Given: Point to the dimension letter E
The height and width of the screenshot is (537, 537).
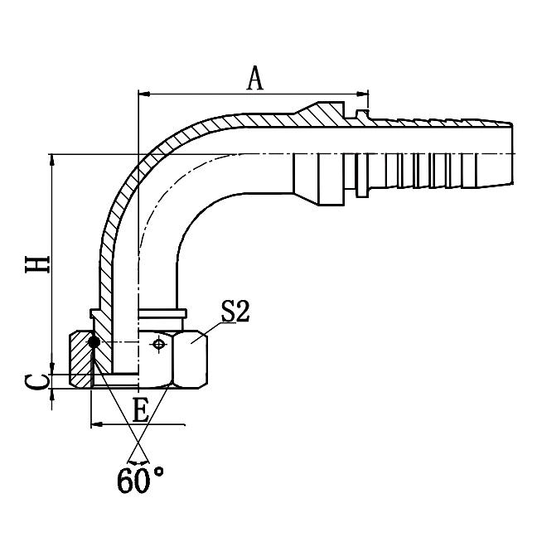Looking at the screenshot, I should click(142, 411).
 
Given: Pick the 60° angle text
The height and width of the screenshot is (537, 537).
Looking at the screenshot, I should click(140, 480).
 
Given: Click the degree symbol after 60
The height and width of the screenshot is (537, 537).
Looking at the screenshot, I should click(158, 472).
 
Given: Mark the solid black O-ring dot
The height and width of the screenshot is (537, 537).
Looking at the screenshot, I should click(94, 341).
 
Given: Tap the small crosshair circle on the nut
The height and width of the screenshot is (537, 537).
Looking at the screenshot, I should click(157, 342).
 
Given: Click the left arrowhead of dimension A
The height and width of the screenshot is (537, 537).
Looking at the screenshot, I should click(143, 93).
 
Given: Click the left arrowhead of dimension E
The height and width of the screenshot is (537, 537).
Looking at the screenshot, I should click(94, 423).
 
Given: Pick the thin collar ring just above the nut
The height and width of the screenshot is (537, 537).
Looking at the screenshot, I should click(162, 315).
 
